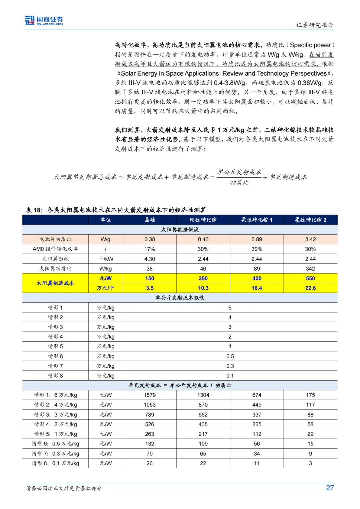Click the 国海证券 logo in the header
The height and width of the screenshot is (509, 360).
(x=44, y=21)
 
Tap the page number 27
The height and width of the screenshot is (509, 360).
(x=330, y=488)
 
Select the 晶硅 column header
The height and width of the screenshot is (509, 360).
(x=150, y=220)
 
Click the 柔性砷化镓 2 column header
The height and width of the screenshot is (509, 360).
(x=310, y=220)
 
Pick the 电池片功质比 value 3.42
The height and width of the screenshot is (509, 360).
(x=310, y=239)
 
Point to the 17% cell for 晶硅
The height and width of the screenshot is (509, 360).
(x=150, y=249)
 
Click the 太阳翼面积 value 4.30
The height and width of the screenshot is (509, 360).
(x=150, y=259)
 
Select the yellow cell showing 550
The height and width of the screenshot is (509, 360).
(x=310, y=278)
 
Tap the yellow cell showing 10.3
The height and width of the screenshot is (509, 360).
(x=203, y=288)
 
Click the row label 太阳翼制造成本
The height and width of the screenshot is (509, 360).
(x=55, y=283)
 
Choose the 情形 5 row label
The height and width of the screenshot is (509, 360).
(x=55, y=346)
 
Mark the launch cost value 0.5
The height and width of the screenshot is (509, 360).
(x=230, y=356)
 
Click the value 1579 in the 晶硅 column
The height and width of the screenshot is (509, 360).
(x=150, y=395)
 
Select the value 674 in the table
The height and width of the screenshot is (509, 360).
(x=257, y=395)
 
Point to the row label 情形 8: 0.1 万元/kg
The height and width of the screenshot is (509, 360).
(x=55, y=463)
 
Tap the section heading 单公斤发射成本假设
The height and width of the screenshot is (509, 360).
(x=180, y=298)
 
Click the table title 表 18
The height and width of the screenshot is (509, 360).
(x=34, y=210)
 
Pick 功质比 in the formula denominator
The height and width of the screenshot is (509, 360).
(x=239, y=183)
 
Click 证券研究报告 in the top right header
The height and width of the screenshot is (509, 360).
(x=315, y=25)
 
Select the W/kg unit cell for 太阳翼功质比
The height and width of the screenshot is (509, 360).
(x=106, y=269)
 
